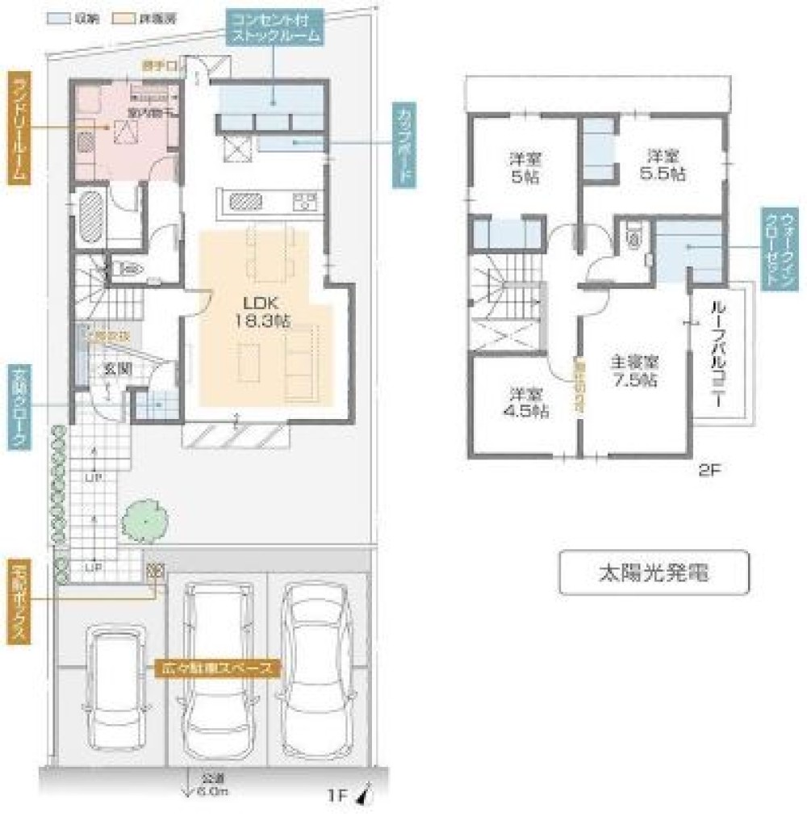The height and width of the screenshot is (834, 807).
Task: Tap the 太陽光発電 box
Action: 654,573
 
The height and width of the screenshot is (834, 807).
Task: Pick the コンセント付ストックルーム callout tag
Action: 274,29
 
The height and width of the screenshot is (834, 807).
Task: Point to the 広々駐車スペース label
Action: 219,668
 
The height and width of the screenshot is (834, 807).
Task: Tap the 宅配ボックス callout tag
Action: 19,601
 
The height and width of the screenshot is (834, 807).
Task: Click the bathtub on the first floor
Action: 88,216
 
